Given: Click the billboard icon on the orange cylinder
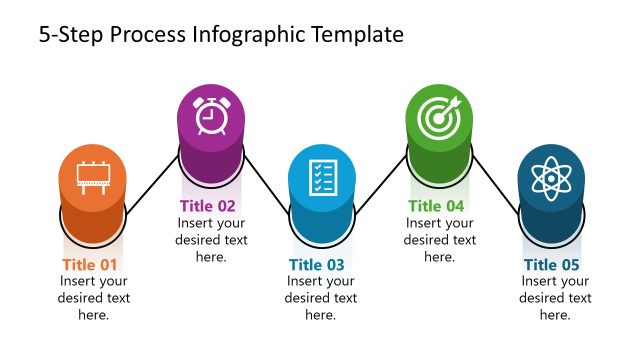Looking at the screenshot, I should [93, 180].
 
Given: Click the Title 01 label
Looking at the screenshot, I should [90, 265].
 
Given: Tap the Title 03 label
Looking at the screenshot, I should [317, 265].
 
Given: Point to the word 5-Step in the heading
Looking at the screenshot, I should [70, 35].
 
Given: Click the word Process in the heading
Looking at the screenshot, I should [146, 35].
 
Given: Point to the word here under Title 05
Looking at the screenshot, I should [556, 315].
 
